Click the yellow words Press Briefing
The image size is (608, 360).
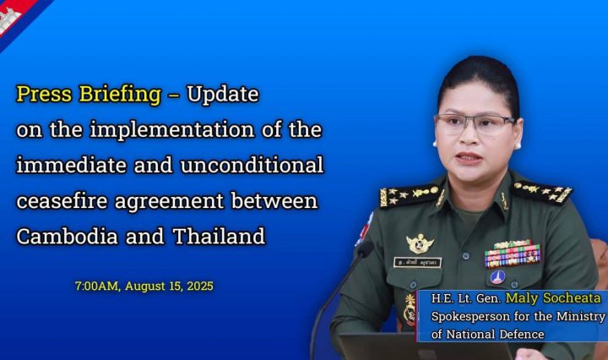[x=89, y=95]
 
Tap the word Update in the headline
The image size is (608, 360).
[x=223, y=94]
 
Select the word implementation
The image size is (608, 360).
[x=172, y=129]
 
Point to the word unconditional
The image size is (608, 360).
[x=252, y=165]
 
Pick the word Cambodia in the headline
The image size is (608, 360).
[x=67, y=236]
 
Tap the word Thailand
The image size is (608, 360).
[x=219, y=236]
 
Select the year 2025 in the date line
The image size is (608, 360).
[x=200, y=286]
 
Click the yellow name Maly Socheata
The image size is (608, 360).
[x=553, y=298]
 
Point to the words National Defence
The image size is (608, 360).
[x=495, y=334]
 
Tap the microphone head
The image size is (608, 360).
[x=365, y=248]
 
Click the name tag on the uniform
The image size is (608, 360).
[x=417, y=263]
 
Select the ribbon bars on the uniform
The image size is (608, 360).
[x=513, y=254]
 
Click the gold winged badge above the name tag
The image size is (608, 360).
[x=420, y=244]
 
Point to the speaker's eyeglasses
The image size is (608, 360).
[x=475, y=124]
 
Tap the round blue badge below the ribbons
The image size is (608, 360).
[x=497, y=277]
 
